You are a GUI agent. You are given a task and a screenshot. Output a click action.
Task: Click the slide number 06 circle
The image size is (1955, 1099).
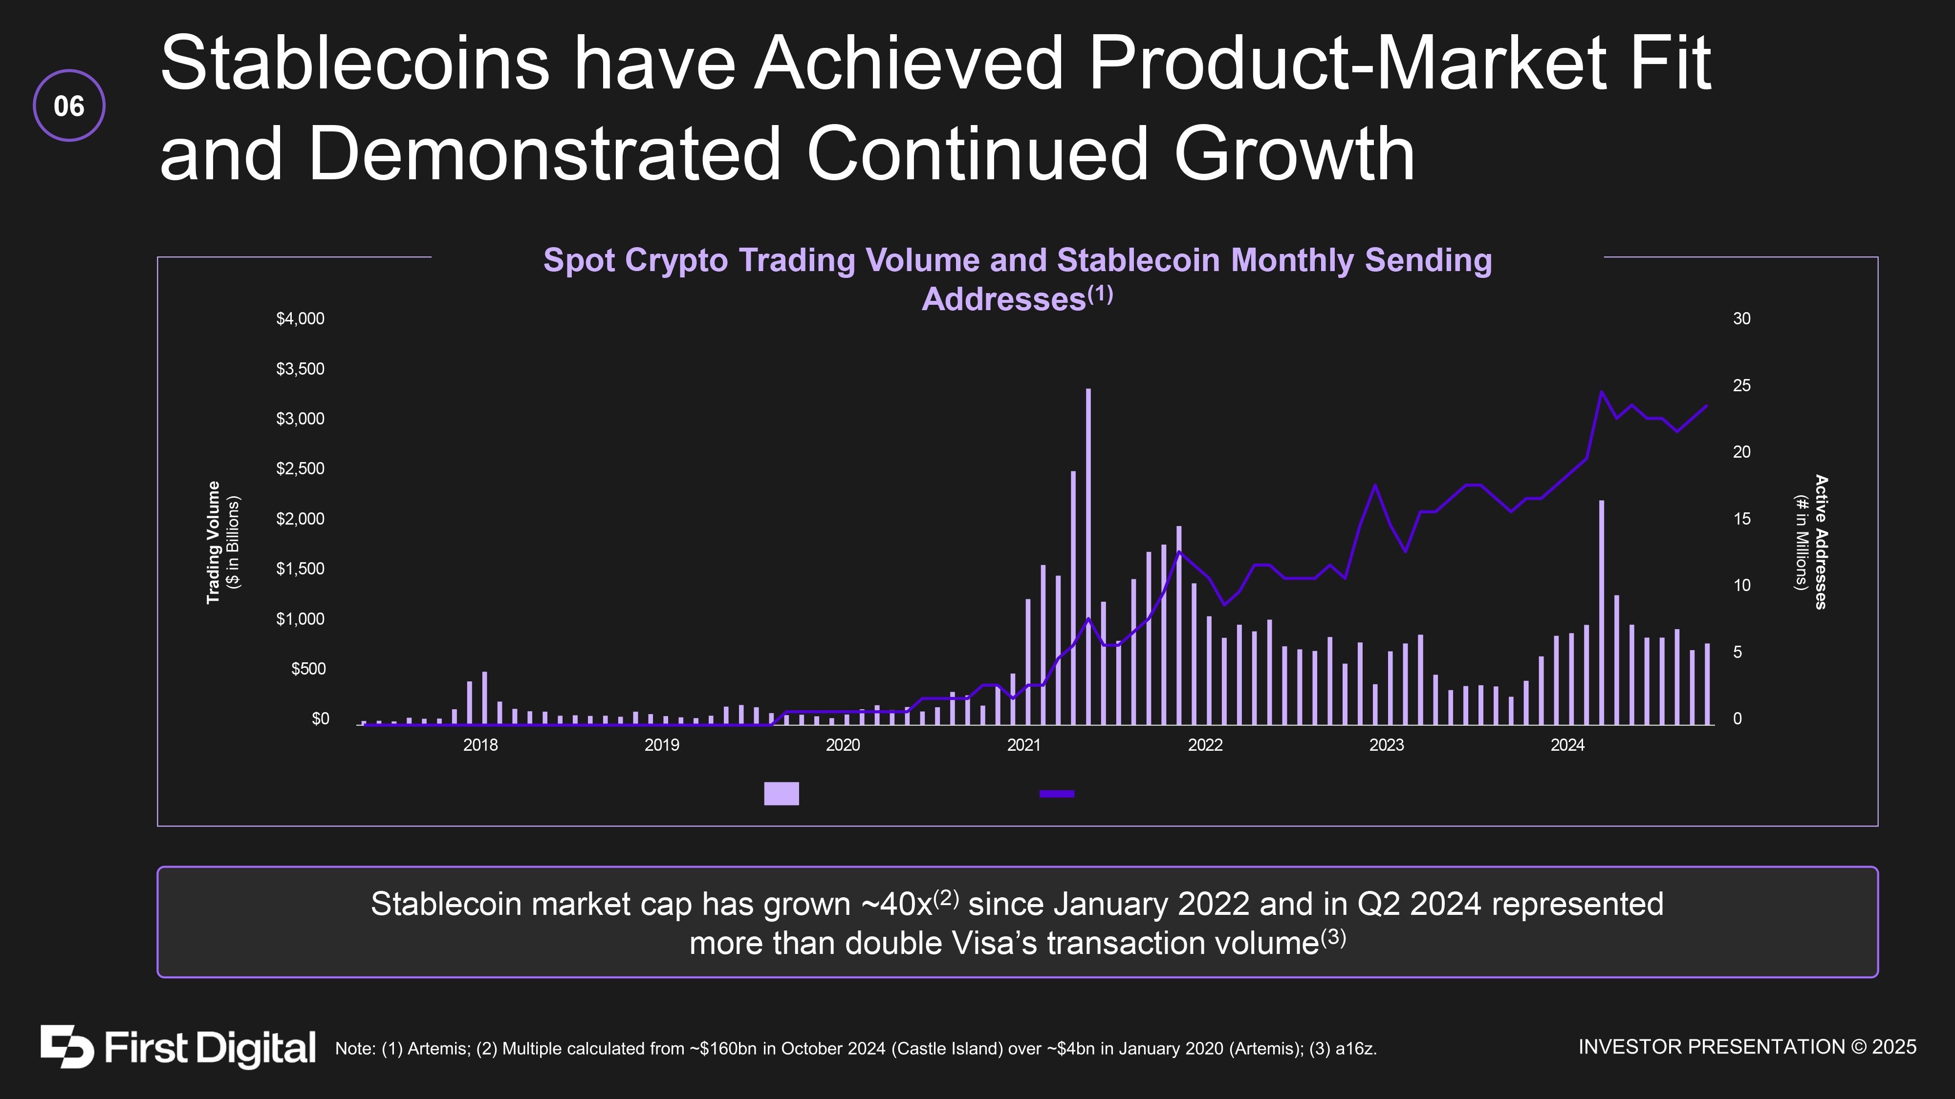click(69, 106)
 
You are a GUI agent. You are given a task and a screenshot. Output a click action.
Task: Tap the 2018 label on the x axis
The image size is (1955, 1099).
click(480, 745)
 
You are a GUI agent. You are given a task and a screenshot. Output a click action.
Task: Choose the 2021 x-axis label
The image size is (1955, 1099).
click(1024, 745)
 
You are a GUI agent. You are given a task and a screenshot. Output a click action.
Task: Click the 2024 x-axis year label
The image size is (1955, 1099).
click(1567, 745)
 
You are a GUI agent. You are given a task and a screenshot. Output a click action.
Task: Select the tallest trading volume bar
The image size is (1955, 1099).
click(1088, 557)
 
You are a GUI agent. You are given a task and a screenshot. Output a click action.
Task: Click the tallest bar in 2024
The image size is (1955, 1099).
click(1601, 613)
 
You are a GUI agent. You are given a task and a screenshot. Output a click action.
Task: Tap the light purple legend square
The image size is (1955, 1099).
click(781, 793)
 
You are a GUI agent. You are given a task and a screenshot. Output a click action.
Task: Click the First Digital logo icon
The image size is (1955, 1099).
click(67, 1047)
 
